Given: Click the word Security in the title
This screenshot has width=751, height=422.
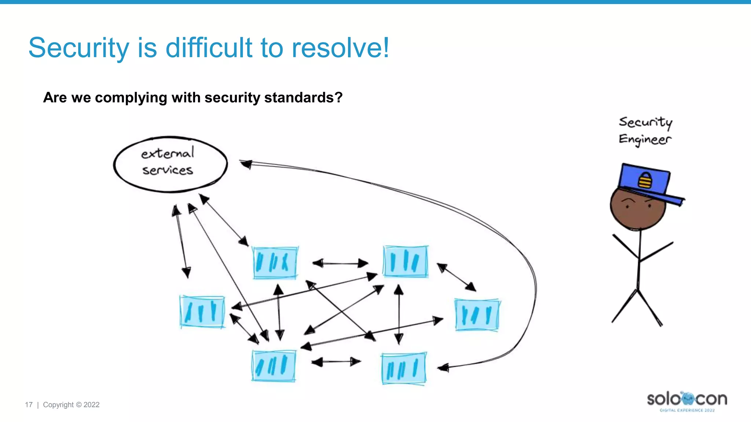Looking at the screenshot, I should coord(78,48).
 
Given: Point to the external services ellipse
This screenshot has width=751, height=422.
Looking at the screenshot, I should coord(170,164).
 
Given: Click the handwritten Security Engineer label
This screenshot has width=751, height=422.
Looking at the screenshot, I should coord(645,131).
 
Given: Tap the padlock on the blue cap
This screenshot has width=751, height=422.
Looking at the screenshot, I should coord(645,180).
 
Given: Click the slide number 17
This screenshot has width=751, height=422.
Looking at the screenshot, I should coord(29,405).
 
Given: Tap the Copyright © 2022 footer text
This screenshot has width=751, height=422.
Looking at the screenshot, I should coord(71,405).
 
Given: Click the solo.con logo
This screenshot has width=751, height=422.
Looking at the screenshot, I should coord(687,400).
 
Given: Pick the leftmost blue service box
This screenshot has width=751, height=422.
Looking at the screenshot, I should coord(202,312).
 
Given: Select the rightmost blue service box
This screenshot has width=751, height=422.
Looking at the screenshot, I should coord(477,315).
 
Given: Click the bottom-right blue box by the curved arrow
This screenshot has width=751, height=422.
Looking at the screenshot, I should coord(403,368).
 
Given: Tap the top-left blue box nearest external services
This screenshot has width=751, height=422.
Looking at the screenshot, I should coord(275,263).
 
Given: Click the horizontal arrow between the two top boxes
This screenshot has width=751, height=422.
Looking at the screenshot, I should coord(340,263).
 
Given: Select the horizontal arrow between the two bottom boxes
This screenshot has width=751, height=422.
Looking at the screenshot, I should coord(336,362).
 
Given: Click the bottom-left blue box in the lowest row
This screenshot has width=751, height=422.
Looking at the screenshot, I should coord(274,366).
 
